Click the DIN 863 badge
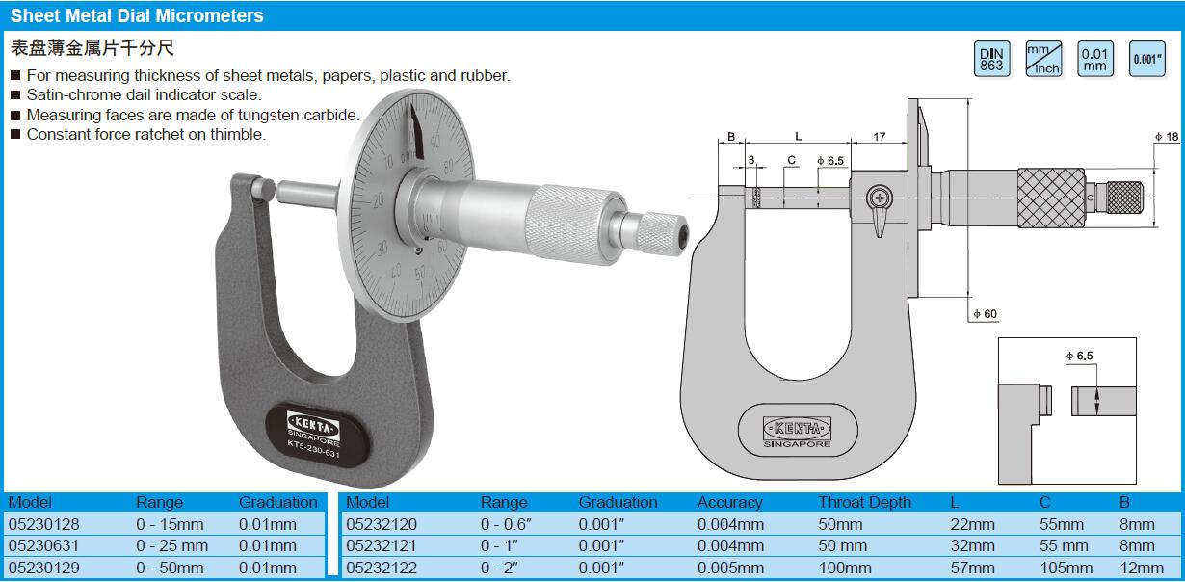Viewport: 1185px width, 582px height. [x=992, y=59]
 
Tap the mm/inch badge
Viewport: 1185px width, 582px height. [x=1043, y=59]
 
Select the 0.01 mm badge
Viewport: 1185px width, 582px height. [x=1095, y=59]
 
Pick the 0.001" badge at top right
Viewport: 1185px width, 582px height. [x=1146, y=59]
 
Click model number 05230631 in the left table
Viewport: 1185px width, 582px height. [x=44, y=545]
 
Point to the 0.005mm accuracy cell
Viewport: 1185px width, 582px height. [x=730, y=568]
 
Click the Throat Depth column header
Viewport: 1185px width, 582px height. [x=864, y=502]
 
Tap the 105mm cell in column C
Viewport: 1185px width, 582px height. [x=1066, y=568]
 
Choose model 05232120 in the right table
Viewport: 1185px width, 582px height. [x=382, y=524]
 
